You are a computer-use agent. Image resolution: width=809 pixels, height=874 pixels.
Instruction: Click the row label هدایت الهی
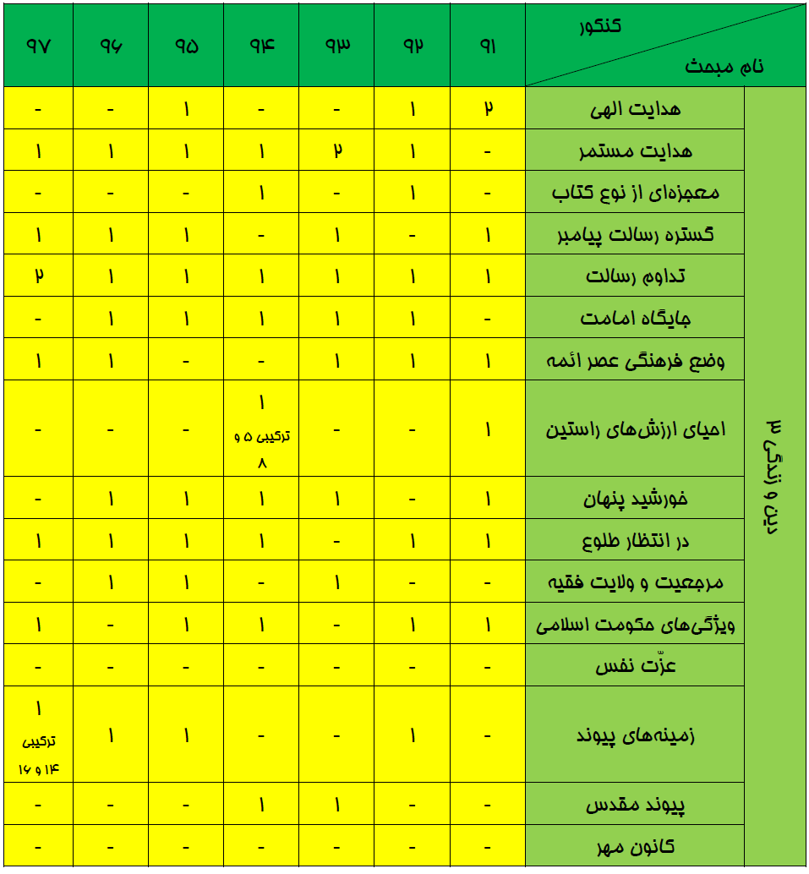point(646,109)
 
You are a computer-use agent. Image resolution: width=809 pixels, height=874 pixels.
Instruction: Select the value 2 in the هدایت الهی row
point(488,109)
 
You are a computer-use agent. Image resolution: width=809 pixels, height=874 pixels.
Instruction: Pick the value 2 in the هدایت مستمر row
point(337,151)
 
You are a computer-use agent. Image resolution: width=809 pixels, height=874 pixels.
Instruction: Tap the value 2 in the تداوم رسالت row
point(39,276)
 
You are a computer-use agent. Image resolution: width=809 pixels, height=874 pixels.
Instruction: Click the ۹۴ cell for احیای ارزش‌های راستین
point(262,429)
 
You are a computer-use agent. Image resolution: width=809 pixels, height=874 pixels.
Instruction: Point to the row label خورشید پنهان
point(636,499)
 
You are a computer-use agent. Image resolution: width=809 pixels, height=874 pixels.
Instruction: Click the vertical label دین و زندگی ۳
point(773,478)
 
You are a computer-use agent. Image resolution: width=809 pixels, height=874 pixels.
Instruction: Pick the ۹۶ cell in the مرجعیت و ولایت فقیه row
point(112,582)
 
